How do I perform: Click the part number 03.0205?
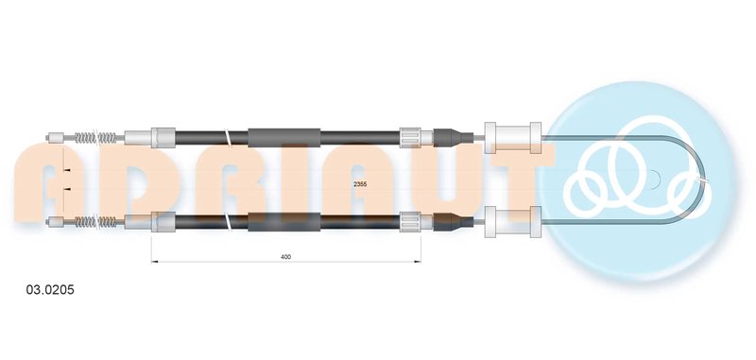[50, 290]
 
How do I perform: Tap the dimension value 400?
[285, 257]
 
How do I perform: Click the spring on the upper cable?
[95, 138]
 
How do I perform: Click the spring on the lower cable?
[95, 222]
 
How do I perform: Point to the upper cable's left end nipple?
[55, 138]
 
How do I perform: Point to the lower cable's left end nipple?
[55, 222]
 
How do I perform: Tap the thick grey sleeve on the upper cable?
[284, 138]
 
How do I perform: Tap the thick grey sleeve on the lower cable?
[284, 222]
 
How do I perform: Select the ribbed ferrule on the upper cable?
[410, 138]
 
